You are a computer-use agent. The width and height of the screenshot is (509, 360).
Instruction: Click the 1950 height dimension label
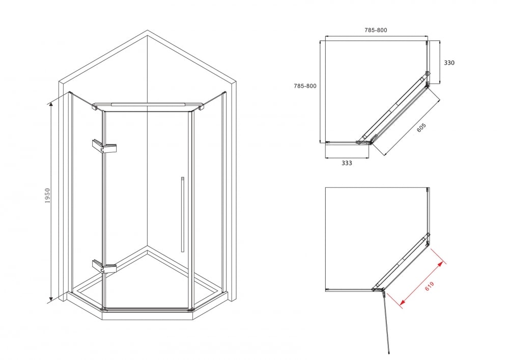(48, 196)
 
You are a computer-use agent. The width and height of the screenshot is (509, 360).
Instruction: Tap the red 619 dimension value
(429, 286)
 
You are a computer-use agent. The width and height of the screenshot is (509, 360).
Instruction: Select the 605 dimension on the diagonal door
(421, 128)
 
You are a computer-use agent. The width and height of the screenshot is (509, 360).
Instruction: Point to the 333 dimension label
(347, 163)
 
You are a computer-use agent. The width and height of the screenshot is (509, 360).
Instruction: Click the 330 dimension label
(449, 63)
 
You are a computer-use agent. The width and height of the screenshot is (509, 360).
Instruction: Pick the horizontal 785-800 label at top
(376, 30)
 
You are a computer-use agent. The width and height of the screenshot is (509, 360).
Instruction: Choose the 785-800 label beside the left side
(305, 86)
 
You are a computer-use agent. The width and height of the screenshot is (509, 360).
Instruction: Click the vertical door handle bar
(182, 214)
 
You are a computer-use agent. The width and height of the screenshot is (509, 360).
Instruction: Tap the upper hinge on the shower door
(104, 147)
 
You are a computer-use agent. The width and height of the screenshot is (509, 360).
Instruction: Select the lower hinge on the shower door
(104, 266)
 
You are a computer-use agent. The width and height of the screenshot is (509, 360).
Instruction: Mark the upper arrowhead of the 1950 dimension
(51, 104)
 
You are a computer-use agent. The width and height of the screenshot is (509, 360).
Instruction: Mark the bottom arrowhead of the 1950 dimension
(51, 299)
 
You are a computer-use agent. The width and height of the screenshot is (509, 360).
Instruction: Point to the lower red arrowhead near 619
(402, 303)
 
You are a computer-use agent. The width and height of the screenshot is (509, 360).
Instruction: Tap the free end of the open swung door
(389, 352)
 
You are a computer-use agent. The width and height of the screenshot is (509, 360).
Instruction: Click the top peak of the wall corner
(148, 31)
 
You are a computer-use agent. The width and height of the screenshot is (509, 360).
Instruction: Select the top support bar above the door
(148, 104)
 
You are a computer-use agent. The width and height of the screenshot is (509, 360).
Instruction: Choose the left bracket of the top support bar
(96, 107)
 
